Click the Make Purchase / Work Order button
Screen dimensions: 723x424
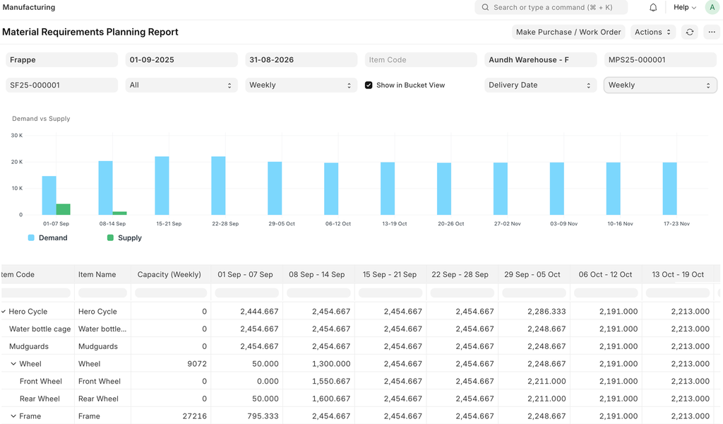click(x=568, y=32)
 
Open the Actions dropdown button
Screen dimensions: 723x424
click(x=652, y=32)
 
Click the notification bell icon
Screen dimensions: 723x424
click(x=653, y=7)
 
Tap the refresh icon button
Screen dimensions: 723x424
click(x=689, y=32)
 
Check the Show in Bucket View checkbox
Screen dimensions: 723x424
click(x=369, y=85)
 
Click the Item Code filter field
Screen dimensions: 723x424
click(x=421, y=59)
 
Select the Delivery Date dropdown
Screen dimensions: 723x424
click(x=539, y=85)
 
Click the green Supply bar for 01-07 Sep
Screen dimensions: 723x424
click(x=63, y=209)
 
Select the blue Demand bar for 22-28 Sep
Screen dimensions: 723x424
click(x=218, y=185)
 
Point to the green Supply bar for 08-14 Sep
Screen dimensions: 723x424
click(x=119, y=213)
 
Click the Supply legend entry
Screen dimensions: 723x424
click(x=124, y=237)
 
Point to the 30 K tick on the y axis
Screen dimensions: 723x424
click(x=17, y=135)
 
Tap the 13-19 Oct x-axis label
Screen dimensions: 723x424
click(x=394, y=223)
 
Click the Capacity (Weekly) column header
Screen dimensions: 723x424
click(x=169, y=274)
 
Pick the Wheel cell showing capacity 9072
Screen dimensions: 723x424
click(x=197, y=363)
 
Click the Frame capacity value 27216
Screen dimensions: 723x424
click(x=195, y=416)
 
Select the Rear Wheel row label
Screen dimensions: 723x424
click(x=40, y=399)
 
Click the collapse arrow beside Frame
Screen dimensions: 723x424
click(x=13, y=416)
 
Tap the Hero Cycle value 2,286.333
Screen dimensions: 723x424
click(x=546, y=312)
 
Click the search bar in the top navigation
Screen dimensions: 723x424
click(x=551, y=7)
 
